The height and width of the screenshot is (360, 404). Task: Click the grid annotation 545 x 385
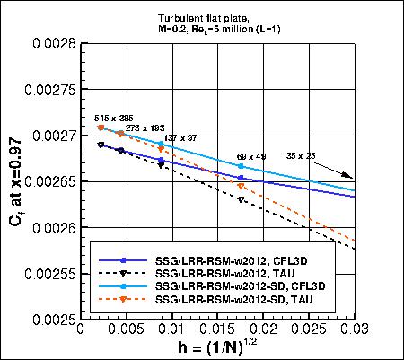point(115,117)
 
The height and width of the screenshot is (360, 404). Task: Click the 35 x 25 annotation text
point(303,155)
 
